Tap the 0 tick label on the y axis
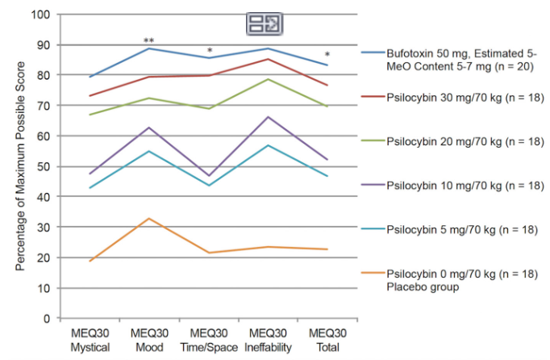tap(45, 318)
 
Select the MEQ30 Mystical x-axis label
tap(90, 341)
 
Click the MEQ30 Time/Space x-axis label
tap(208, 341)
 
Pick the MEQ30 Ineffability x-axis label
tap(268, 341)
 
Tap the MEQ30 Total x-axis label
tap(327, 341)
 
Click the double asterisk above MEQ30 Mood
tap(148, 40)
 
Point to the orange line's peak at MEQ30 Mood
tap(149, 219)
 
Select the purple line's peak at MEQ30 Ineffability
tap(268, 117)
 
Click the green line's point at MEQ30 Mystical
tap(90, 115)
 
